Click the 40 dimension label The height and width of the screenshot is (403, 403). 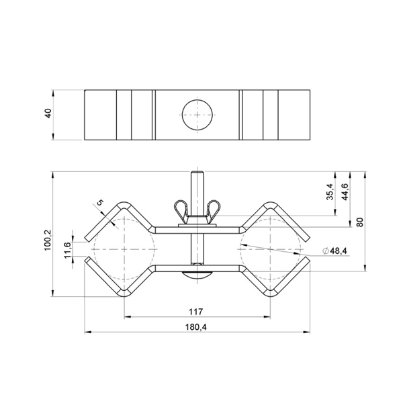click(x=48, y=114)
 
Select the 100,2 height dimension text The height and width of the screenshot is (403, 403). click(x=48, y=240)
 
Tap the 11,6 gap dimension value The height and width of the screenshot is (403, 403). click(x=67, y=251)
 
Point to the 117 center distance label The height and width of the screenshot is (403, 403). click(x=196, y=312)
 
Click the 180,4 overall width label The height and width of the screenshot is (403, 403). click(x=196, y=327)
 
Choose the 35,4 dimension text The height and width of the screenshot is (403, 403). click(x=330, y=191)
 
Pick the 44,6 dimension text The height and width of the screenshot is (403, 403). click(x=345, y=191)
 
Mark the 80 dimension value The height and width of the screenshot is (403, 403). click(x=360, y=222)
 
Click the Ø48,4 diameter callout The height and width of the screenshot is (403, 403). click(x=335, y=251)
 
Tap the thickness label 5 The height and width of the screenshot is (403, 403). click(x=99, y=203)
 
